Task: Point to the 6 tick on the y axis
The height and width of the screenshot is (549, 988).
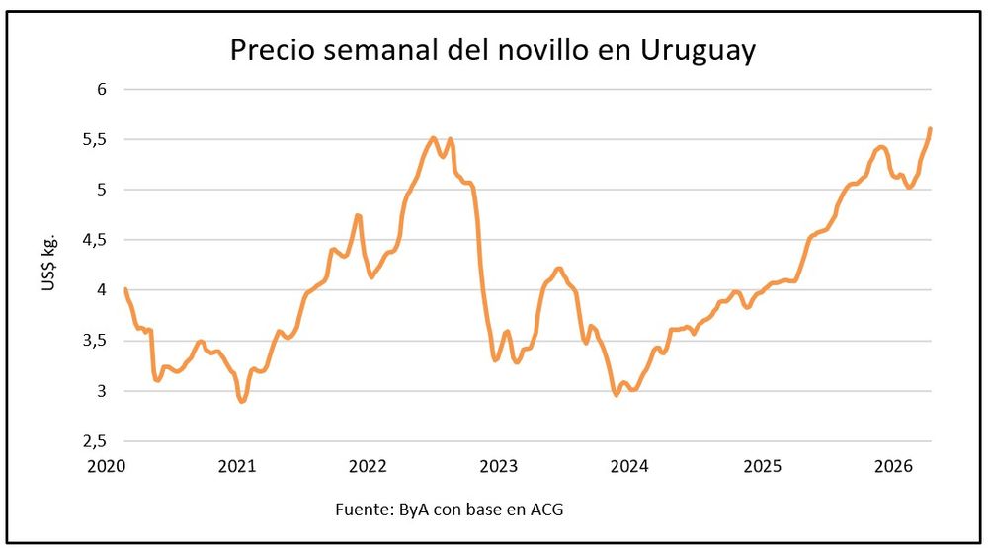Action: point(101,89)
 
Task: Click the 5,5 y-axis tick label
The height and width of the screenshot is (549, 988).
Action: point(96,139)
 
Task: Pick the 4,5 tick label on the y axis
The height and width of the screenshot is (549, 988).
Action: point(96,240)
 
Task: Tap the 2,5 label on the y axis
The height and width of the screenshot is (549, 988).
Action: point(96,442)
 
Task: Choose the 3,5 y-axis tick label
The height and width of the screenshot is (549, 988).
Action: point(96,341)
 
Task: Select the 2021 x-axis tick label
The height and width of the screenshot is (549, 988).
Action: point(237,465)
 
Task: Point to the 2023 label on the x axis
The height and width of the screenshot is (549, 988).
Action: point(500,465)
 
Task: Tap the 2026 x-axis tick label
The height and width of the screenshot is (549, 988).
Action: point(893,465)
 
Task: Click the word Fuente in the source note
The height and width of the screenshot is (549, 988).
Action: point(362,510)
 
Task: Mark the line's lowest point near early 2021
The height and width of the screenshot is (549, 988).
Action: point(241,401)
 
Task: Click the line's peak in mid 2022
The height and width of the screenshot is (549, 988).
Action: point(433,138)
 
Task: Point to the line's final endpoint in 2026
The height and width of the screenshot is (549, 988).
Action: point(931,128)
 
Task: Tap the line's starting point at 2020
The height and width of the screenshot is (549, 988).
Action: point(125,289)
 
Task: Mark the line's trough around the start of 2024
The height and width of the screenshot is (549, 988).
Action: point(617,395)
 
